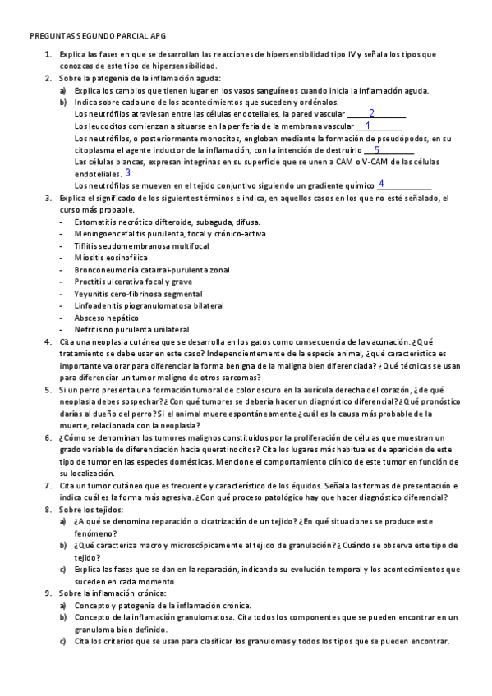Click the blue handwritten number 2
pos(371,113)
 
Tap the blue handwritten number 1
pos(367,126)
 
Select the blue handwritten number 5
pos(376,150)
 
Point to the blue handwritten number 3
pos(127,173)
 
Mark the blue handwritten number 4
pos(381,184)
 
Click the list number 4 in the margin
pos(48,341)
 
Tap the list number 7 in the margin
pos(48,486)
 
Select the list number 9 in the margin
pos(48,593)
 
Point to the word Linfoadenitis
pos(100,305)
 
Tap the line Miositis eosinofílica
pos(105,258)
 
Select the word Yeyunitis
pos(91,294)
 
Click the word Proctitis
pos(90,282)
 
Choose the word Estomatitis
pos(97,222)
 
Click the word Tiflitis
pos(87,246)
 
